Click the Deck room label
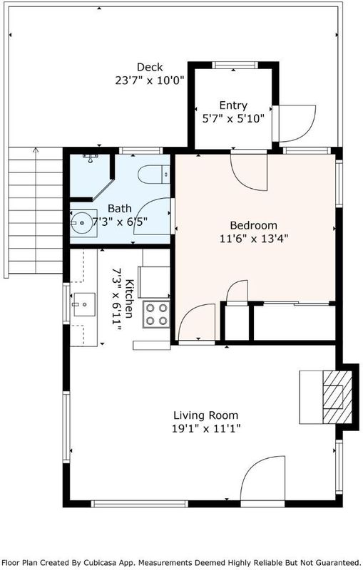tap(150, 67)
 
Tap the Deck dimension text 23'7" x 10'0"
tap(150, 81)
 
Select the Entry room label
tap(233, 105)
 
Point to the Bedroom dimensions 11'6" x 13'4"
tap(254, 239)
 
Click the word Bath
tap(120, 209)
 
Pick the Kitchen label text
tap(129, 299)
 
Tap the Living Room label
tap(206, 415)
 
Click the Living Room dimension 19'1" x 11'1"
tap(206, 429)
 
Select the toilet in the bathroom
tap(154, 175)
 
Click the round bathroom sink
tap(81, 222)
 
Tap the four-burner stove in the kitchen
tap(156, 314)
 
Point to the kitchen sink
tap(84, 304)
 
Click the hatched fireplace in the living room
tap(337, 397)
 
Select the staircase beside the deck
tap(35, 210)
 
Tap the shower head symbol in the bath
tap(91, 157)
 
